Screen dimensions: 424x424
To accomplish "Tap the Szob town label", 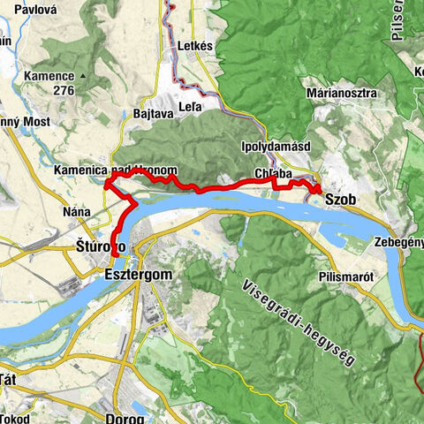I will coord(340,201).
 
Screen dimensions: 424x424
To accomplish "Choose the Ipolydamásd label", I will coord(272,148).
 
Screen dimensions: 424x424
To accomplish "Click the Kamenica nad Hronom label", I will coord(115,170).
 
